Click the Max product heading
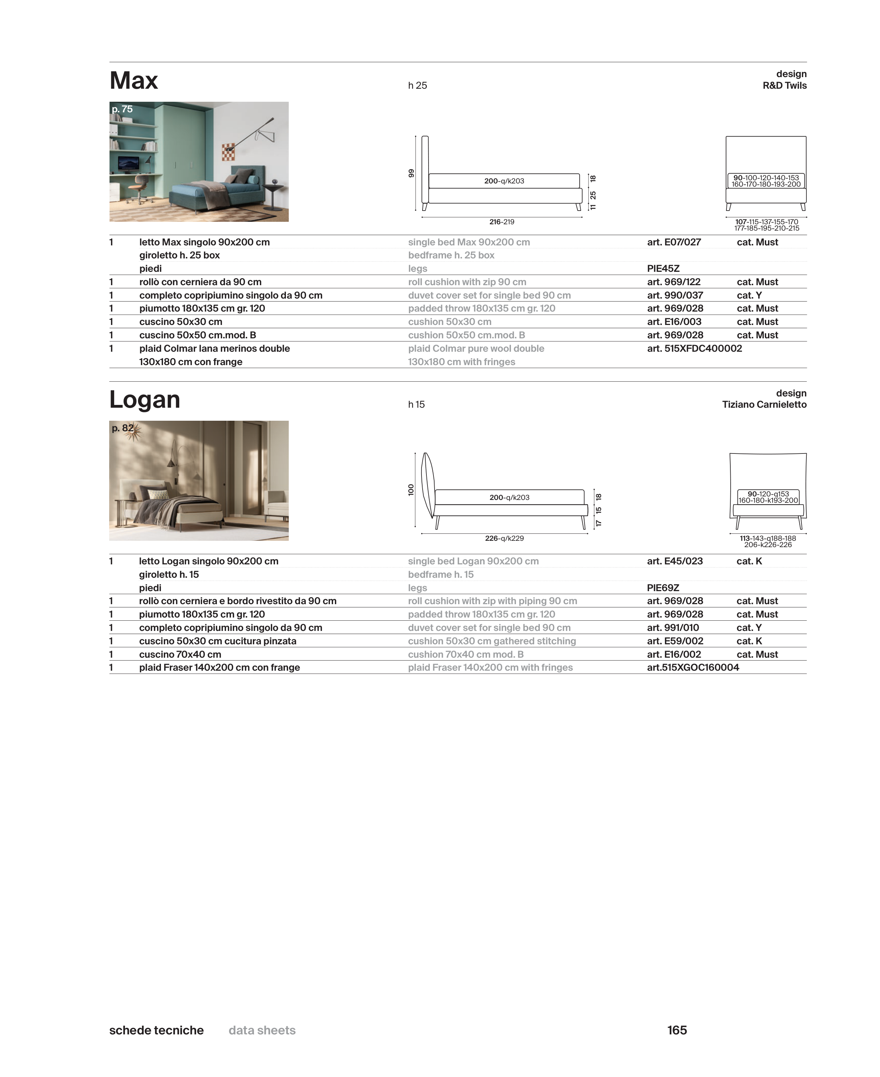(x=134, y=81)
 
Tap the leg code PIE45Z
(x=663, y=269)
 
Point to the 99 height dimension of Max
(x=411, y=173)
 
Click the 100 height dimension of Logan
(x=411, y=490)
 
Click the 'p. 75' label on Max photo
(x=122, y=109)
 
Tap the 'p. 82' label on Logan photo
(x=122, y=428)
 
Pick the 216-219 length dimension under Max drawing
(x=501, y=222)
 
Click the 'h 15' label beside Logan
(x=416, y=405)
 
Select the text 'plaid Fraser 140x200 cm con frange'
(x=219, y=668)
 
